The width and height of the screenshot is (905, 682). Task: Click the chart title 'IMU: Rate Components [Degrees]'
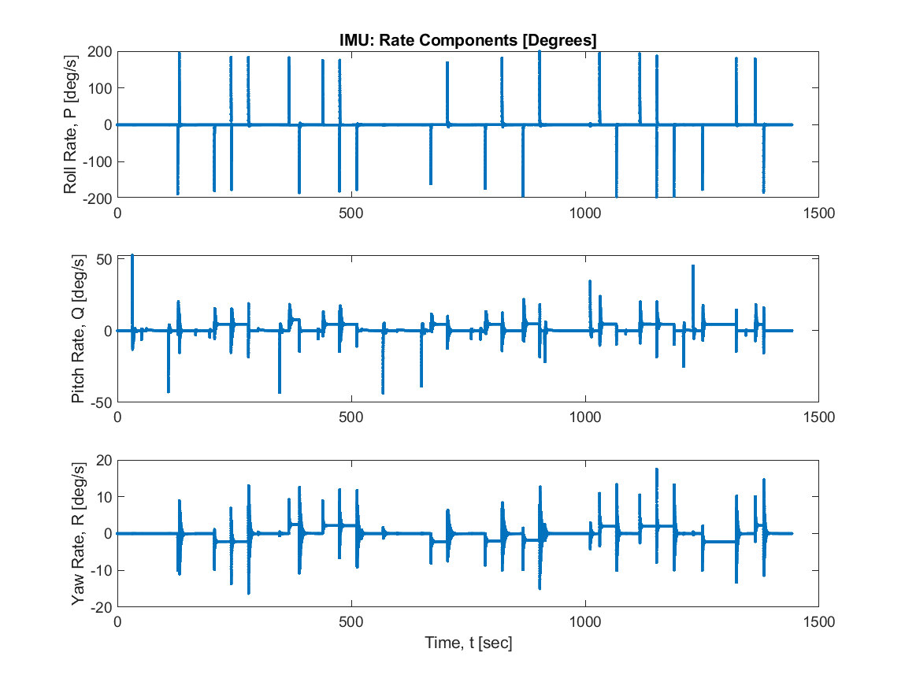click(x=468, y=41)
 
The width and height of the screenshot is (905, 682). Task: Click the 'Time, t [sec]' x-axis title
click(x=468, y=643)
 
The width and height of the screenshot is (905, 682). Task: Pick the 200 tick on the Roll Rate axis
click(x=101, y=52)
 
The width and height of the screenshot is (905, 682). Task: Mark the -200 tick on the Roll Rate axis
click(x=98, y=198)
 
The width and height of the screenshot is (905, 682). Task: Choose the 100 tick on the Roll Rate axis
click(x=101, y=88)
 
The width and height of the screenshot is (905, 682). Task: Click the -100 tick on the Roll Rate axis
click(x=98, y=161)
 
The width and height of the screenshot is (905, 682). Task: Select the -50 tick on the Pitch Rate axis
click(x=102, y=402)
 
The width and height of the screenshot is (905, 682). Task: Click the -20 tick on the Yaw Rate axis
click(x=102, y=606)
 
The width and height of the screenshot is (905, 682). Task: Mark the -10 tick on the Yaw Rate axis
click(x=102, y=570)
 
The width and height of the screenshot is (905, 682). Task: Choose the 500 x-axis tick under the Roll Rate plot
click(x=351, y=213)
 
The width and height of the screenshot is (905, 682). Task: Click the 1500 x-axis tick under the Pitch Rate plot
click(x=818, y=417)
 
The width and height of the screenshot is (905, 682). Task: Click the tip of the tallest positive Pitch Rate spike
click(x=132, y=255)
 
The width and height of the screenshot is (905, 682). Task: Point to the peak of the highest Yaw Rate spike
click(x=657, y=469)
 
